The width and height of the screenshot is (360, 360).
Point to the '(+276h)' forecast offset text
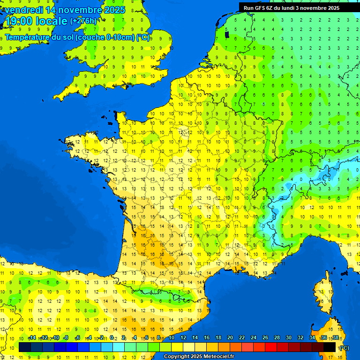(83, 21)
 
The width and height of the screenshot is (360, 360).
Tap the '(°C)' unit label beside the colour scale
(344, 348)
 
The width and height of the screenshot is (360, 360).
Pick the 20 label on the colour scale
(230, 337)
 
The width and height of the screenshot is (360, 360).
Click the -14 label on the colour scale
(32, 337)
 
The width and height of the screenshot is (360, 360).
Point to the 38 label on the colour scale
(335, 337)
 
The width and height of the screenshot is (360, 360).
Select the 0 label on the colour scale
(113, 337)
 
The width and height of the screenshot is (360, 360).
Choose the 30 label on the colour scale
(289, 337)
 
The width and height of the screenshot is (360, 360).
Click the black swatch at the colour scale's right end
(330, 347)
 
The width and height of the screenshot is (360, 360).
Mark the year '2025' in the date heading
(114, 10)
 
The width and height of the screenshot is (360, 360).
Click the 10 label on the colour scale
(172, 337)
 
